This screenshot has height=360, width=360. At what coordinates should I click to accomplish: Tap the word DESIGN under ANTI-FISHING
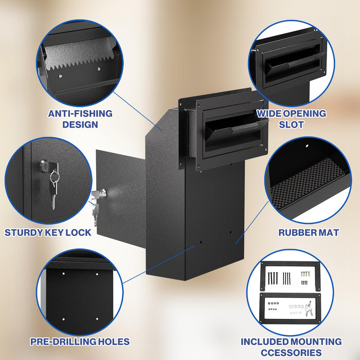point(80,124)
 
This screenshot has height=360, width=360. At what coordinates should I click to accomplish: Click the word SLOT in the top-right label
point(291,124)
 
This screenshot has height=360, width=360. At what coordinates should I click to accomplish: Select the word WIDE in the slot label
point(271,114)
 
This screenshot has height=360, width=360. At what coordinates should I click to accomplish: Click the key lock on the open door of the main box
point(102,194)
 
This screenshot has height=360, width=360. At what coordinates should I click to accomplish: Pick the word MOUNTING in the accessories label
point(309,341)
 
